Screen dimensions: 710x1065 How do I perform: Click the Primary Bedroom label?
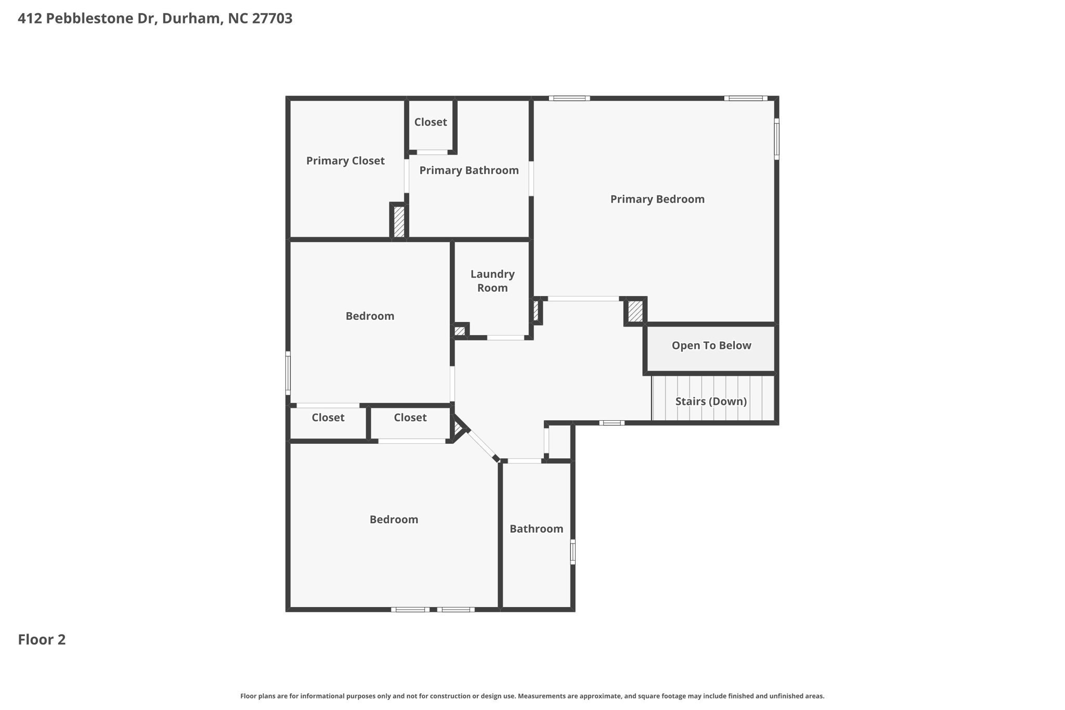[657, 199]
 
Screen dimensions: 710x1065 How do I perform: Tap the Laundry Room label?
[492, 281]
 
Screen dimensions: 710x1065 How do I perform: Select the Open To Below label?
[711, 346]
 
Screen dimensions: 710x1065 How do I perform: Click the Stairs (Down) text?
[710, 402]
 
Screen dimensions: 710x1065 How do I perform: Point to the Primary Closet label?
[345, 161]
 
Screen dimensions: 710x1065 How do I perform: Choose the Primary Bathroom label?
[469, 171]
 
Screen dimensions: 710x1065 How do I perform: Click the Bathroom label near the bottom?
[536, 529]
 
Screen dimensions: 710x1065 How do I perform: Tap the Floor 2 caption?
[42, 640]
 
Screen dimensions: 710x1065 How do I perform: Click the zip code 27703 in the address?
[272, 19]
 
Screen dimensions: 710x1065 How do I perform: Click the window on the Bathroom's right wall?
[573, 552]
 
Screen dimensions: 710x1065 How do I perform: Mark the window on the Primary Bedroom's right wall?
[776, 139]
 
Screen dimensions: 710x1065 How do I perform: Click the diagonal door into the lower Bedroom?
[480, 443]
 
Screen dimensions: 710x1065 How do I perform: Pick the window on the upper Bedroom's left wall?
[288, 373]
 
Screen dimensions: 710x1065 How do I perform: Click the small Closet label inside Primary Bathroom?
[430, 122]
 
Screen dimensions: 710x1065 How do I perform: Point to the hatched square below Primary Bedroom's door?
[635, 312]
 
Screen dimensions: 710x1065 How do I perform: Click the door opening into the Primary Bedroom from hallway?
[583, 299]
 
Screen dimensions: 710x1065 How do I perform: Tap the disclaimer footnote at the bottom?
[532, 696]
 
